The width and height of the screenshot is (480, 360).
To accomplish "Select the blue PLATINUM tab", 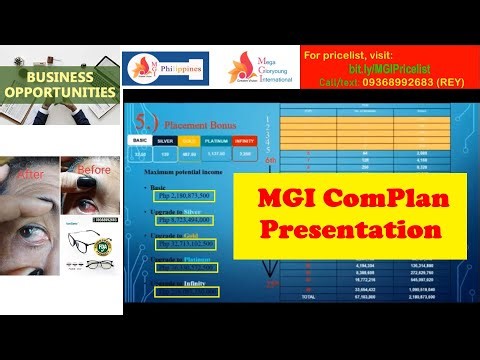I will [x=216, y=141].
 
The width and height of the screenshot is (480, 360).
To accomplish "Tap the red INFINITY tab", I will [x=245, y=141].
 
